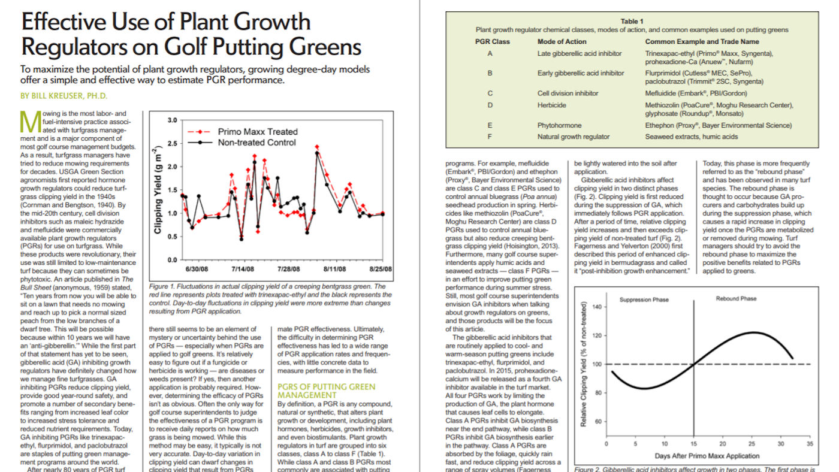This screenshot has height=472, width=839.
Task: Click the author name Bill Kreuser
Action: [64, 95]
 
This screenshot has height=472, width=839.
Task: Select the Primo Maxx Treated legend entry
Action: [257, 131]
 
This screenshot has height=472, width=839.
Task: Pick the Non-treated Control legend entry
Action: [257, 142]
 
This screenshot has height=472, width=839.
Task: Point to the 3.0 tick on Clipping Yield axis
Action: [173, 120]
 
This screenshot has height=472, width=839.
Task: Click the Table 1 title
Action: [632, 22]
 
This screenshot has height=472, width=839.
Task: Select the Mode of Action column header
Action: [563, 41]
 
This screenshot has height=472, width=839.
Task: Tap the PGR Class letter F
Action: [490, 137]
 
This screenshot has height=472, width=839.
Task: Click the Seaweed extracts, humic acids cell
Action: [691, 137]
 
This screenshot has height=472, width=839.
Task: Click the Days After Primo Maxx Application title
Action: [708, 456]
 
